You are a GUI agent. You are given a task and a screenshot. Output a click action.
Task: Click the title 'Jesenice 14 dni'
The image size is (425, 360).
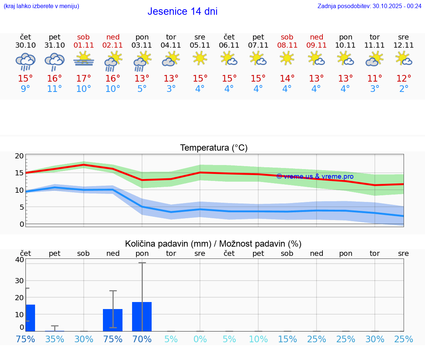tap(182, 11)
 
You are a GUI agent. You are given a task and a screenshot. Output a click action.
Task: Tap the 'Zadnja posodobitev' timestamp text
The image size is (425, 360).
tap(369, 6)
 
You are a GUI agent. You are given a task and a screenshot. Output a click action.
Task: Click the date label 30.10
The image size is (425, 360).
tap(25, 45)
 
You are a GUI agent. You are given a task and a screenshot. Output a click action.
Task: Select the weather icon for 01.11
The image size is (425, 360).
tap(84, 59)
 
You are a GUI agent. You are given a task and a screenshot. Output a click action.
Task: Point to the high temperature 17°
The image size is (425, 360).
tap(84, 78)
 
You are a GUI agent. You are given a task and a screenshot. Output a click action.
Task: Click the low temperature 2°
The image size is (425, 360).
tap(404, 89)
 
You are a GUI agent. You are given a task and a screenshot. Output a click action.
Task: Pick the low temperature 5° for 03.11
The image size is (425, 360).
tap(142, 89)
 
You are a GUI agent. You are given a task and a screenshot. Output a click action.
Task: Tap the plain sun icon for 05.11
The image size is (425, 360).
tap(200, 58)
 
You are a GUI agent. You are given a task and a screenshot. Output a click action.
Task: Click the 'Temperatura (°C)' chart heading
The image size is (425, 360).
tap(214, 148)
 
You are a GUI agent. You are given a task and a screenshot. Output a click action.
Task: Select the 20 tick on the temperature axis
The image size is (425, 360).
tap(19, 156)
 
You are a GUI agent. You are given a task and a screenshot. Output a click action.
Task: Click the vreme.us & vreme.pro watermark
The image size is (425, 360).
tap(315, 176)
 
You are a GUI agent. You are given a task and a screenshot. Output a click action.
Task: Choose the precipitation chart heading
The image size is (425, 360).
tap(213, 244)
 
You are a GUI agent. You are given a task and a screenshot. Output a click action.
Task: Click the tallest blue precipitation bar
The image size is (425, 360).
tap(142, 316)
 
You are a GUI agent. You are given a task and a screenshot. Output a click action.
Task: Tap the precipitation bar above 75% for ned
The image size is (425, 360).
tap(113, 320)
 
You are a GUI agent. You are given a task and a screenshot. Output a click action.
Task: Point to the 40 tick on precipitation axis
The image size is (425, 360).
tap(19, 260)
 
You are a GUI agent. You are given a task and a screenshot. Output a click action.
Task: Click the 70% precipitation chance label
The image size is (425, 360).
tap(142, 339)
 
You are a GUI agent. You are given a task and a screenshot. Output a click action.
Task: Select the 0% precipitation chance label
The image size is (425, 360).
tap(200, 339)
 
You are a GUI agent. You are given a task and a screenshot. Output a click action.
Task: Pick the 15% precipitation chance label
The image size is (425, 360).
tap(287, 339)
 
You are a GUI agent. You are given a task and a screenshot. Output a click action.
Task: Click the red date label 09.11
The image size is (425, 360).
tap(316, 45)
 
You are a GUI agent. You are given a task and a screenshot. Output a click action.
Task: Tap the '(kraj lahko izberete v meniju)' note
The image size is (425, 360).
tap(41, 6)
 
